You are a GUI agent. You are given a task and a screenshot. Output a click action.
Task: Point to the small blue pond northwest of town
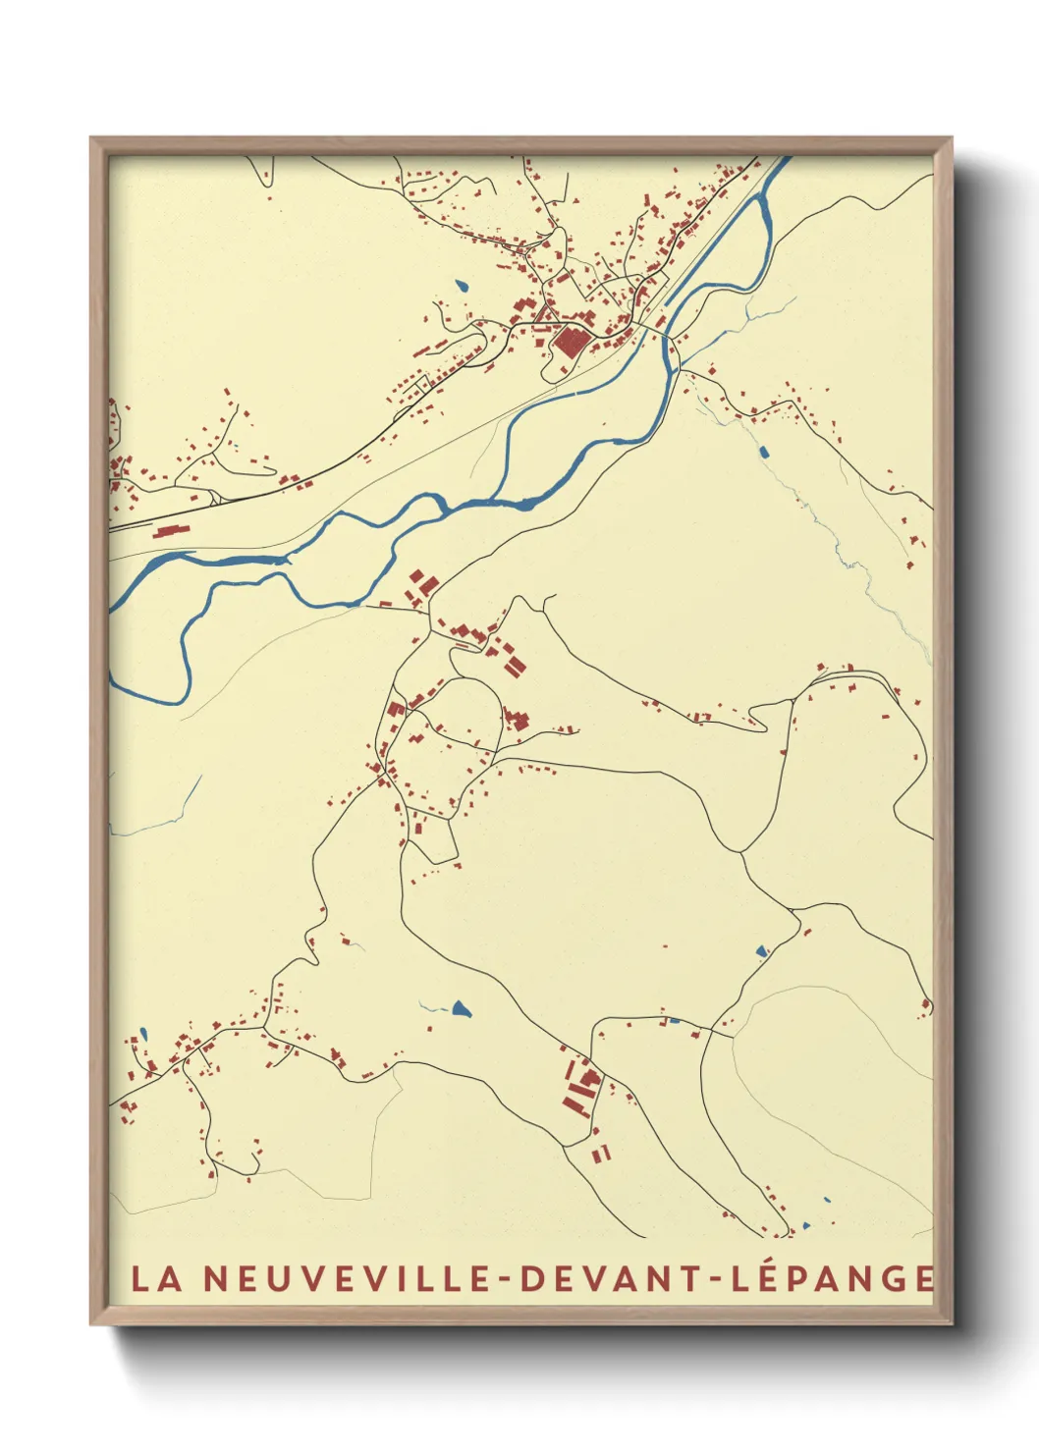[462, 287]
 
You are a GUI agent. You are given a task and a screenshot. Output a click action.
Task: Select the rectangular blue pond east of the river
[763, 452]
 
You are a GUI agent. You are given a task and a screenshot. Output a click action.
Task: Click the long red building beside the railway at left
[170, 530]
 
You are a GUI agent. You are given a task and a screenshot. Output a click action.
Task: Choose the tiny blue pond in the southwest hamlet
[142, 1033]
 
